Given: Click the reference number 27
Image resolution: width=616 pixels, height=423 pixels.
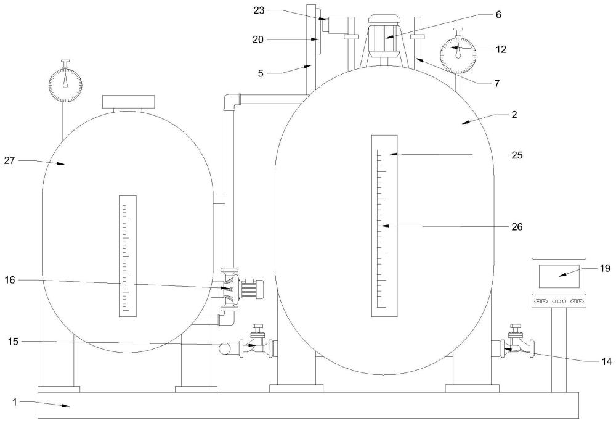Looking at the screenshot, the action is point(9,160).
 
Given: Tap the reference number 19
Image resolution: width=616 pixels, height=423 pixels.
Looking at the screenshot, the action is point(606,268).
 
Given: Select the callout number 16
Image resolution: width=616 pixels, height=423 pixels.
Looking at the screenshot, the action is point(10,280).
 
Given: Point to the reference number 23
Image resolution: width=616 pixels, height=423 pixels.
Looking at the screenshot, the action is point(259,10).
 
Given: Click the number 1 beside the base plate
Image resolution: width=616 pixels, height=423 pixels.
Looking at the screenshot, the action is point(15,402).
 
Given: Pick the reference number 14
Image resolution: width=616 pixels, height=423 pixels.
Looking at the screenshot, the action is point(607,361).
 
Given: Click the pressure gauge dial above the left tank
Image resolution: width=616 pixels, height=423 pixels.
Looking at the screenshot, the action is point(65,84).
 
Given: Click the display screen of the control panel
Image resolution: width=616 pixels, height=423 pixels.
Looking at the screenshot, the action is point(559,276).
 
